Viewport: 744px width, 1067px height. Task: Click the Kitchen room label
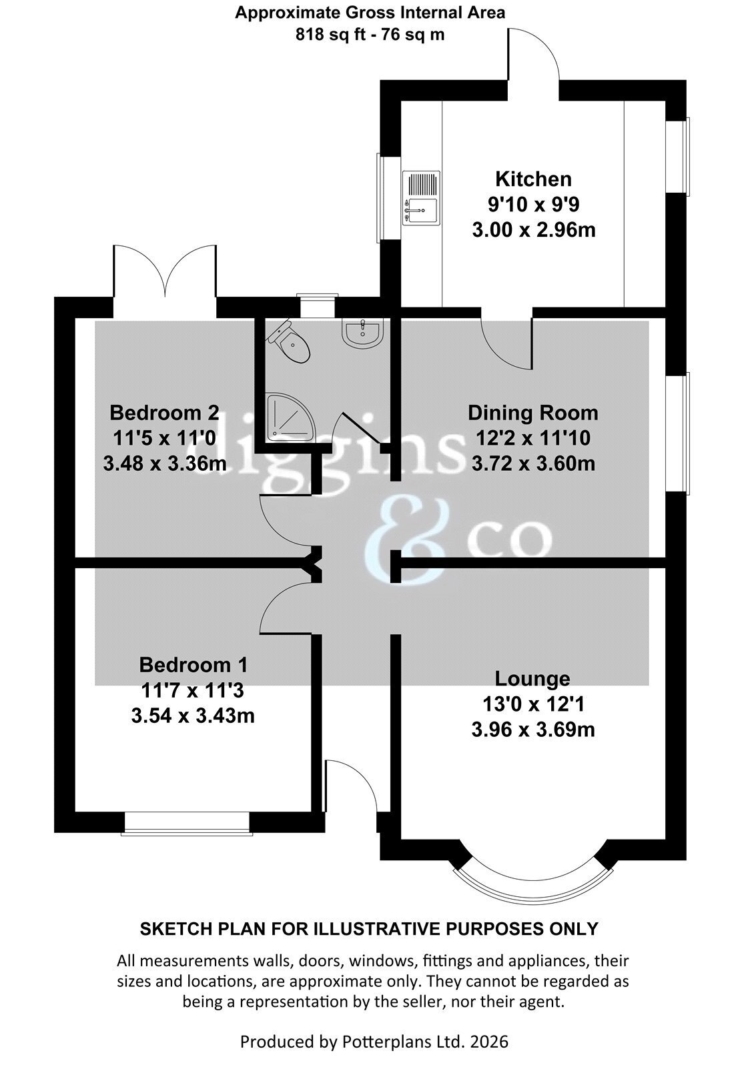tap(533, 179)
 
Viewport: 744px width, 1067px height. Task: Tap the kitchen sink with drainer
tap(421, 197)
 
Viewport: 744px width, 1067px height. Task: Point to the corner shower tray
tap(286, 417)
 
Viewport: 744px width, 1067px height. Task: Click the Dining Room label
tap(533, 413)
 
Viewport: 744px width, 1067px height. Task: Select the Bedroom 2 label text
tap(164, 413)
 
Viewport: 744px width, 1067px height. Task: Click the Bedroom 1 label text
tap(193, 665)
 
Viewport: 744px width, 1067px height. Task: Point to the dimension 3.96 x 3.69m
tap(533, 730)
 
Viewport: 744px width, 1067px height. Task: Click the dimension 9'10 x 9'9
tap(533, 205)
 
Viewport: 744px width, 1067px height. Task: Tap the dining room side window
tap(678, 433)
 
